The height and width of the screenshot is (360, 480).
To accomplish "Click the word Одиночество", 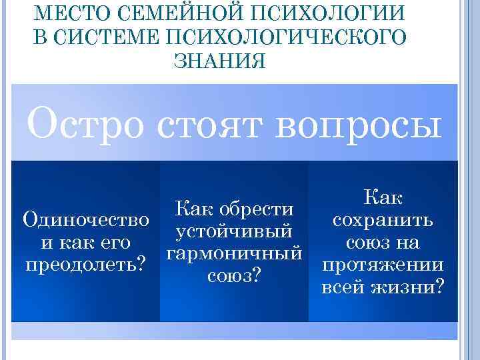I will [85, 219].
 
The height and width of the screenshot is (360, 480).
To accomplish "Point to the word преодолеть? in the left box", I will [85, 264].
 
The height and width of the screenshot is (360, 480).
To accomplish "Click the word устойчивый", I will [233, 231].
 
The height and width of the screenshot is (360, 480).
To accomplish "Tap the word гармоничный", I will [233, 253].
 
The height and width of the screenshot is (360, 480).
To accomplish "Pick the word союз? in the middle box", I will [233, 275].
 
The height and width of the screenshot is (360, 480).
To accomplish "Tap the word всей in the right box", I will [343, 287].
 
